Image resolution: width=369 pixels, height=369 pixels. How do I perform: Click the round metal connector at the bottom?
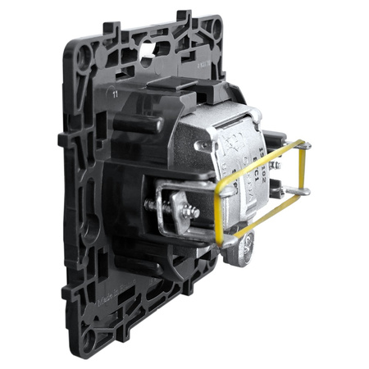(x=243, y=250)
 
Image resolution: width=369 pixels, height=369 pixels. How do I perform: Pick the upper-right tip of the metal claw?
(x=307, y=146)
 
